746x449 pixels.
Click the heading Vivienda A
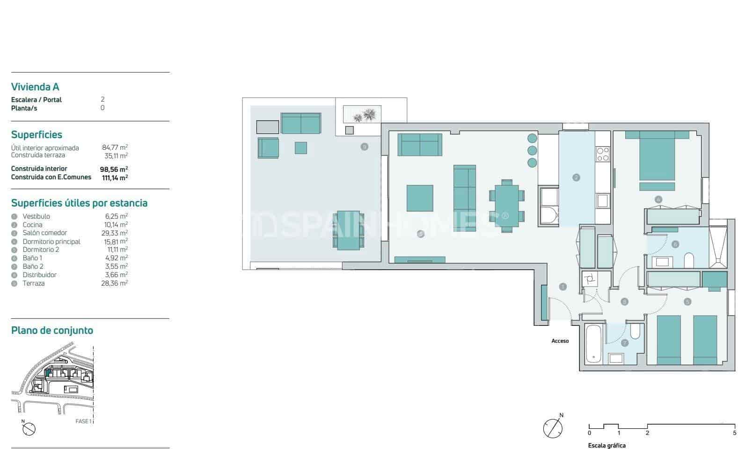(35, 87)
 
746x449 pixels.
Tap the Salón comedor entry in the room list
(44, 233)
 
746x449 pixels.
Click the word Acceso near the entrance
(560, 341)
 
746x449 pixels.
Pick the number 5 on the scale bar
(735, 433)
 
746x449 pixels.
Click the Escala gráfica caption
(607, 446)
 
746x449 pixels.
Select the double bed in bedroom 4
(657, 155)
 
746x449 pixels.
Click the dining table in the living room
(506, 206)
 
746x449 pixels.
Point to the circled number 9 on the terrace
(364, 147)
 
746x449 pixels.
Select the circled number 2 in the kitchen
(576, 177)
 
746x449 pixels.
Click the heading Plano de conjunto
(52, 331)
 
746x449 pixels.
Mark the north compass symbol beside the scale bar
(552, 427)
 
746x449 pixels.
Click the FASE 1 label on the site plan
(83, 421)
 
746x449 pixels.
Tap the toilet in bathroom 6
(688, 260)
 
